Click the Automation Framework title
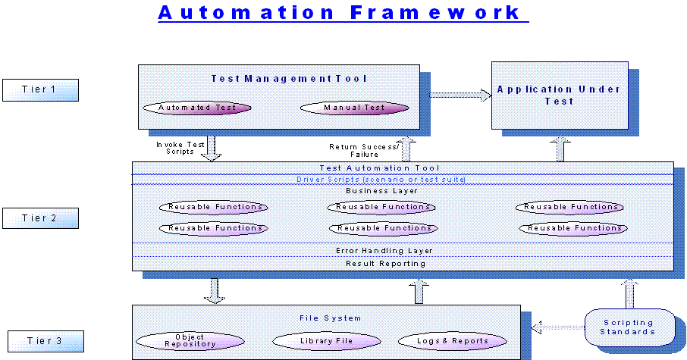343,13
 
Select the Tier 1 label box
39,89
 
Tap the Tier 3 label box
45,341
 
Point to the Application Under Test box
559,95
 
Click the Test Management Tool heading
278,78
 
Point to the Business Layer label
402,191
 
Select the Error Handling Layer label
402,250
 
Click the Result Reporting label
402,263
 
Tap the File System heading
325,318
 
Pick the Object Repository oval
190,341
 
